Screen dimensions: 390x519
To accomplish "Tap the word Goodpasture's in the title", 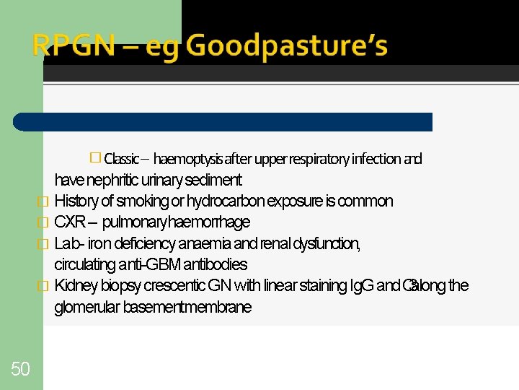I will [x=287, y=46].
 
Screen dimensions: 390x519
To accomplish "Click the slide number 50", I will [x=20, y=370].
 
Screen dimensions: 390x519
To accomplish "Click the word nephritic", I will [x=107, y=180].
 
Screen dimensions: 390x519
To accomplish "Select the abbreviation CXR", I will [x=71, y=222].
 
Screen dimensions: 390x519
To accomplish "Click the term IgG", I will [x=360, y=285].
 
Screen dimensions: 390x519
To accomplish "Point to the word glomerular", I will [x=86, y=307].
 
